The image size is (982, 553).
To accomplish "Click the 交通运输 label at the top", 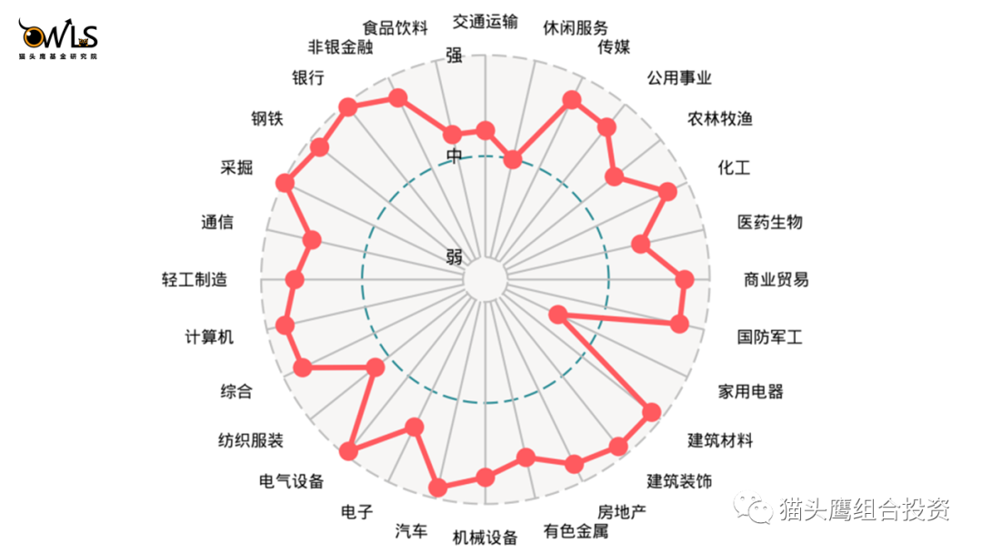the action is [486, 21].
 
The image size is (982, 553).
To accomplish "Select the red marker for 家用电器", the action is [557, 315].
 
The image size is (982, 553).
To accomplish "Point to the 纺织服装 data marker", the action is [374, 367].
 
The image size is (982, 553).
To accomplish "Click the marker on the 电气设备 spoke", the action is [348, 451].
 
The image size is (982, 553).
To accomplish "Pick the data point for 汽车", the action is [438, 488].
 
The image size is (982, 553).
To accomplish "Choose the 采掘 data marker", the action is [286, 183].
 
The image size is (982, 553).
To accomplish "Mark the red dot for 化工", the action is [667, 191].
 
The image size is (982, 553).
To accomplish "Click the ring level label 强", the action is [454, 55].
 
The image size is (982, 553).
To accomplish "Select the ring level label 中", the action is [454, 156].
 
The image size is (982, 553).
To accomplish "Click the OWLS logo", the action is [58, 39].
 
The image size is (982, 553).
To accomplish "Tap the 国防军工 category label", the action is [769, 337].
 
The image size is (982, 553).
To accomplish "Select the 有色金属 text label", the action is [576, 530].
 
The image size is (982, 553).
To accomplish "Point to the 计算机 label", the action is [209, 337].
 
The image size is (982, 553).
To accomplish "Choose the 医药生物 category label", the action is [769, 222].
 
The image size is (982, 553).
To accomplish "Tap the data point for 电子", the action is [415, 427].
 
